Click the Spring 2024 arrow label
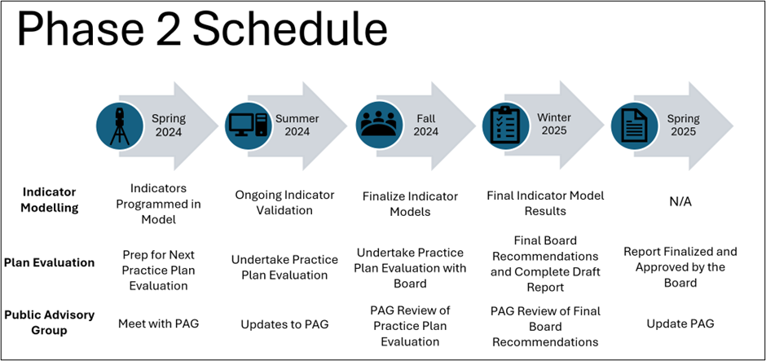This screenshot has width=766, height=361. coord(169,125)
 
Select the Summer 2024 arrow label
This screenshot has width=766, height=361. coord(297,125)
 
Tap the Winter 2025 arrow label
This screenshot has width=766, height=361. coord(554,125)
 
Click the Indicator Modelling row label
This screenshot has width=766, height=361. coord(49,200)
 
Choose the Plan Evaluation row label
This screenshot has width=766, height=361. coord(49,262)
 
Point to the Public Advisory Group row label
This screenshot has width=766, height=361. coord(49,323)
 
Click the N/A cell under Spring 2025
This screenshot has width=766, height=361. coord(680,200)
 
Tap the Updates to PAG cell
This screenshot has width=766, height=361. coord(284,324)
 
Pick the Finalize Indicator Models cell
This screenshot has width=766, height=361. coord(410,203)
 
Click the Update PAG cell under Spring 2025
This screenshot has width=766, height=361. coord(680,324)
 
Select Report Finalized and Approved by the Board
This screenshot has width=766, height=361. coord(680,266)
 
